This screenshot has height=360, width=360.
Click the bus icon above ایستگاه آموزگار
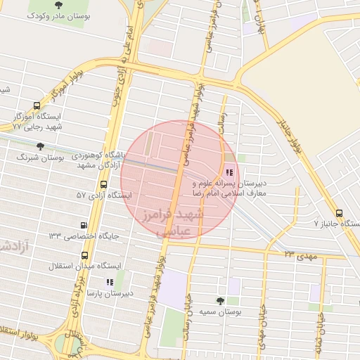[37, 103]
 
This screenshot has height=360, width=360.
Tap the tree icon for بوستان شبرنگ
[39, 146]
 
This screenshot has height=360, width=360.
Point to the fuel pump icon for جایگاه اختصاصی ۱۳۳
[84, 226]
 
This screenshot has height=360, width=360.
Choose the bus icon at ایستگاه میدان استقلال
[84, 255]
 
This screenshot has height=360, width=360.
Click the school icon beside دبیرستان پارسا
[109, 282]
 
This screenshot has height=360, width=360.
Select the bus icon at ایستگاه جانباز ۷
[340, 213]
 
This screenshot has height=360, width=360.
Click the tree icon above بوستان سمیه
[220, 300]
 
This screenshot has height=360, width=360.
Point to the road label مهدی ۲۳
[301, 254]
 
